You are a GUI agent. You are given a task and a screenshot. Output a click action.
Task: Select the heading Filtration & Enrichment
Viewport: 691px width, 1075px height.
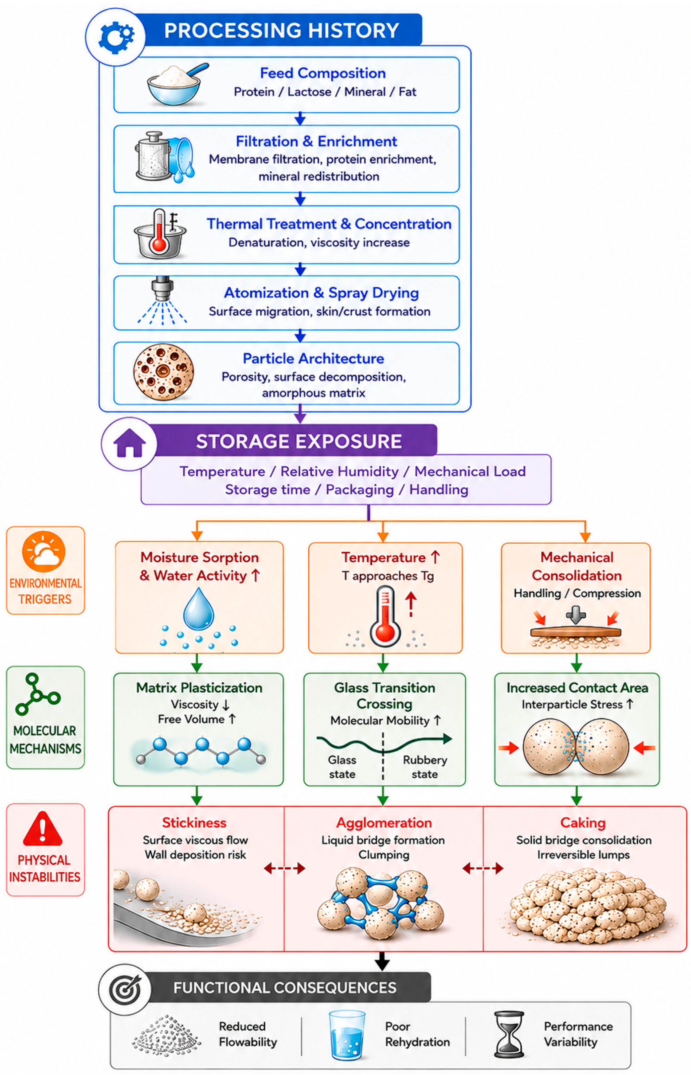[316, 141]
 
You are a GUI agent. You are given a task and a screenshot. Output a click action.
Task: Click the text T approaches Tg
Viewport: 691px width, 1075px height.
[388, 576]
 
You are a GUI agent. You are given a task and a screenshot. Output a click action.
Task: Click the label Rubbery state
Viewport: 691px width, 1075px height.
[425, 767]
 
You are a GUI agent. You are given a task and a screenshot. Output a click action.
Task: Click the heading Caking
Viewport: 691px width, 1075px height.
[583, 823]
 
